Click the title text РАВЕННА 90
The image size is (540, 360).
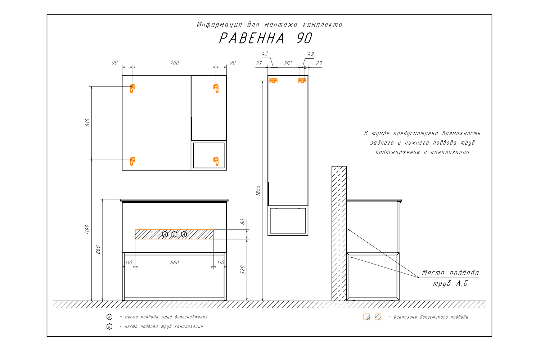[x=266, y=38]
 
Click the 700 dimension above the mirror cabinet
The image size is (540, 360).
[x=175, y=63]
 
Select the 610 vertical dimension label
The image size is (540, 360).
[x=87, y=122]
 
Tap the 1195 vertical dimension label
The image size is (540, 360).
[x=87, y=230]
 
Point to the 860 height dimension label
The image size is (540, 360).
[x=98, y=249]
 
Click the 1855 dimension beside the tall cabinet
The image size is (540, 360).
[x=258, y=190]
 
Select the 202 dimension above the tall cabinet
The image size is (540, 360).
[x=288, y=63]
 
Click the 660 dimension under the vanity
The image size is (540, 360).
[x=175, y=262]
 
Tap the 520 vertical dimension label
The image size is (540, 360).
[x=242, y=270]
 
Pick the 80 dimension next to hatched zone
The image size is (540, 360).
[x=242, y=221]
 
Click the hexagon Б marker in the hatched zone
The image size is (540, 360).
[x=174, y=234]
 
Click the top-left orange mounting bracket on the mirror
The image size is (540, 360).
[x=132, y=88]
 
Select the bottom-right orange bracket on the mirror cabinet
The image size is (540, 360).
[x=216, y=161]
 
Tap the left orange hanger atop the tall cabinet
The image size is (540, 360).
[x=273, y=80]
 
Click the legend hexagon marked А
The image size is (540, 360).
[x=109, y=317]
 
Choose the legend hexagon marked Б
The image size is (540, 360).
[x=109, y=327]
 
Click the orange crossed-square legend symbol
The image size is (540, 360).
[x=378, y=317]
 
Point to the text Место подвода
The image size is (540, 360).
[x=450, y=273]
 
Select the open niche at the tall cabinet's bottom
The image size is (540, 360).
[x=288, y=220]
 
